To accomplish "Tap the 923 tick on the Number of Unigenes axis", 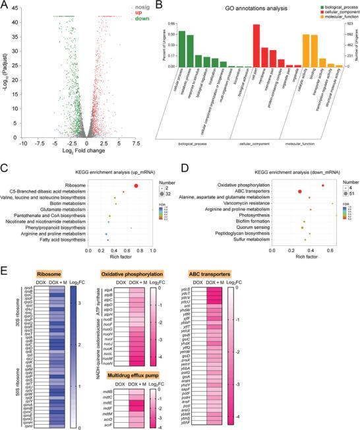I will pyautogui.click(x=349, y=24).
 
